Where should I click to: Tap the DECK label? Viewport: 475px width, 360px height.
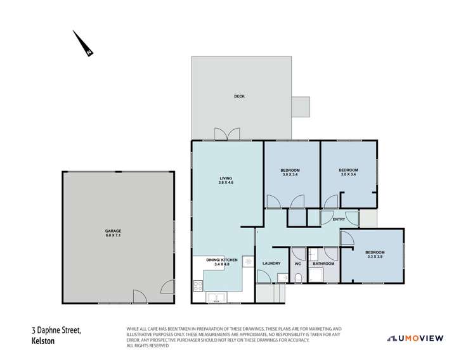(x=238, y=96)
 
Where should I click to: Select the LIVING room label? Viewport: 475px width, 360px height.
(x=226, y=181)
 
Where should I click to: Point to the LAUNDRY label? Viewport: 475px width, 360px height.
(x=271, y=264)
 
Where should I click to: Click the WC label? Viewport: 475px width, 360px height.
(x=297, y=264)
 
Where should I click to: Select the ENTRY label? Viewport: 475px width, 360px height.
(x=339, y=219)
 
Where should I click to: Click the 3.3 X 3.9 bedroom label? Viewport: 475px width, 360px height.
(x=375, y=255)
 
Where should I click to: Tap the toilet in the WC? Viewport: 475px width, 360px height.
(x=297, y=278)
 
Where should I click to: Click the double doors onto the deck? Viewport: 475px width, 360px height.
(x=227, y=134)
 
